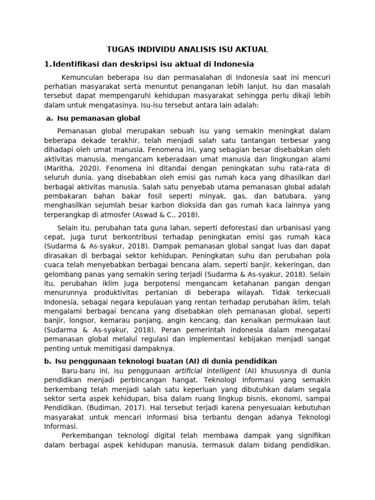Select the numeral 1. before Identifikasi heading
47,63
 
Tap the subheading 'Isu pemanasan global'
99,118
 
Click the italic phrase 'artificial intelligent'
206,371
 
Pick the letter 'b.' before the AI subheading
47,361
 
